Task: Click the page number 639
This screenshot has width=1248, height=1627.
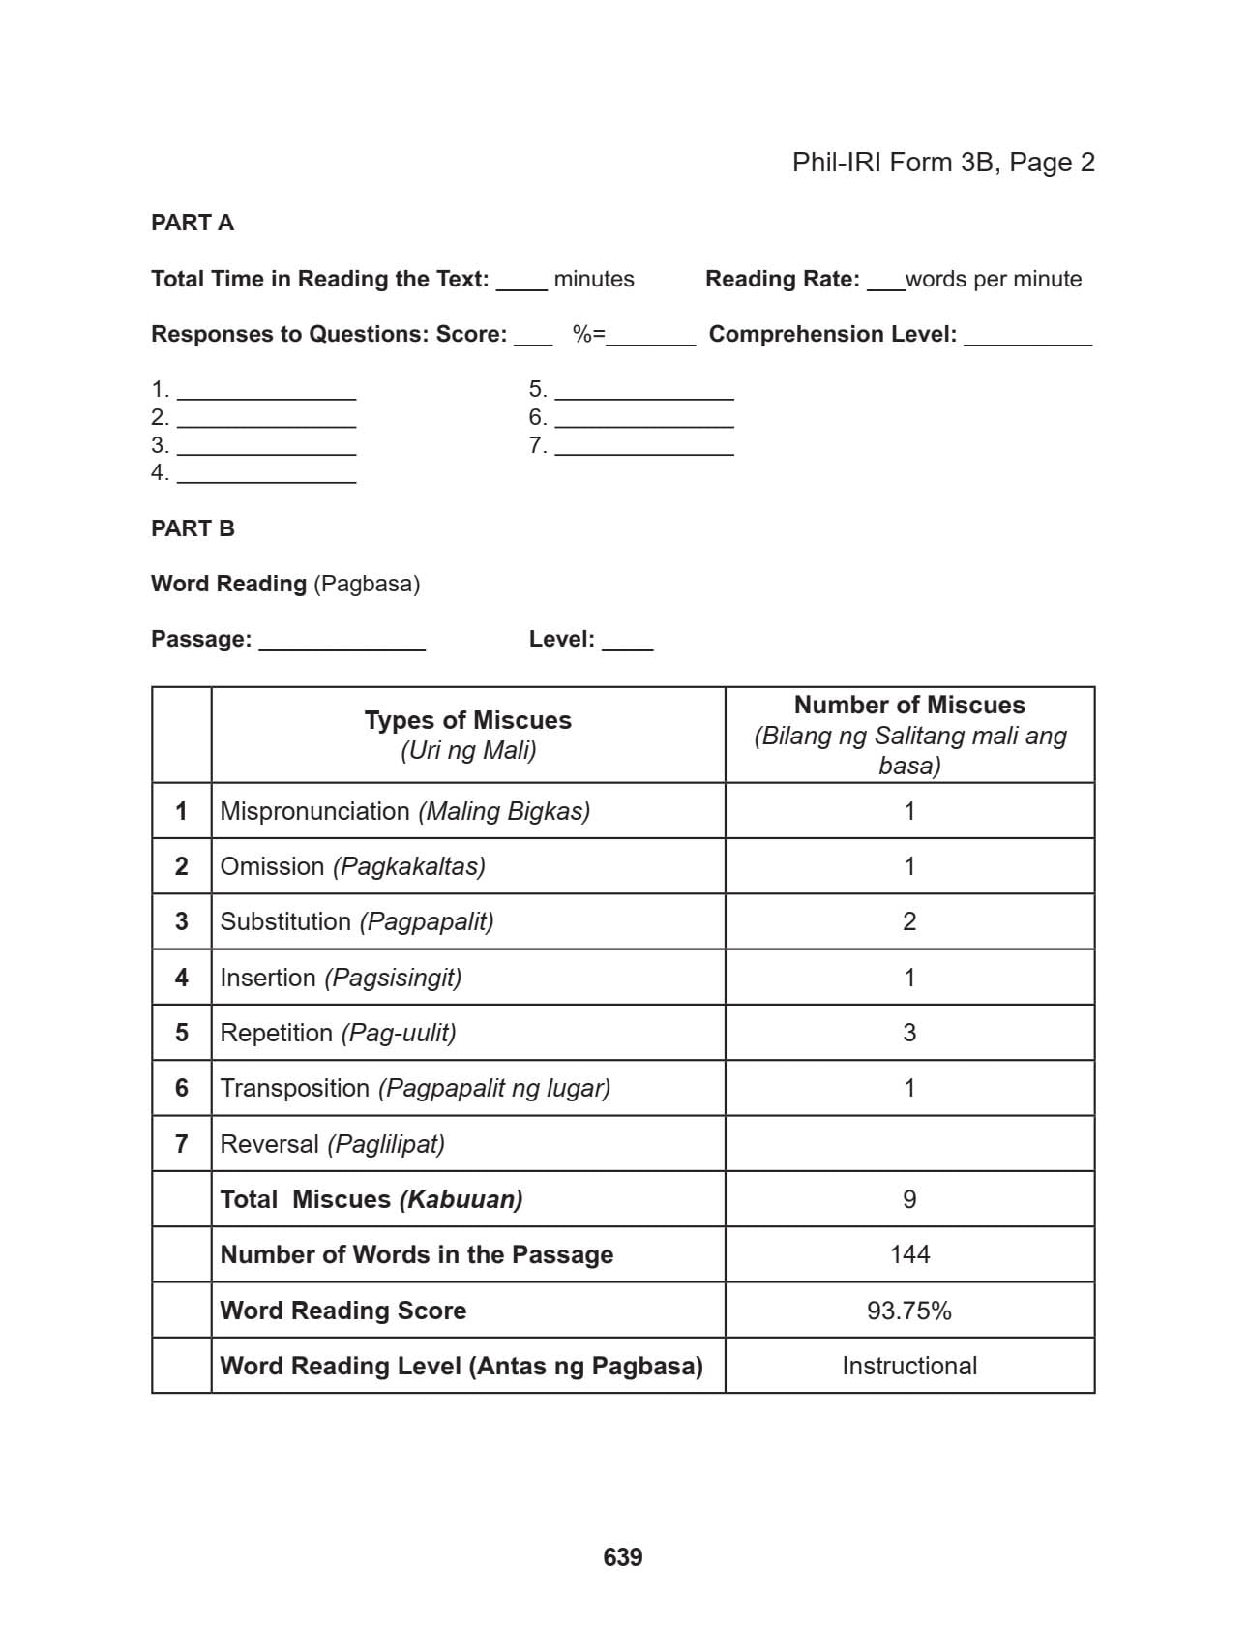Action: pos(622,1556)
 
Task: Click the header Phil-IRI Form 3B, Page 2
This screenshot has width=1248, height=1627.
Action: pos(942,162)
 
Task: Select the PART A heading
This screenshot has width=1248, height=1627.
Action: pos(193,223)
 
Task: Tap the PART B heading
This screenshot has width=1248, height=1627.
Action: pos(193,528)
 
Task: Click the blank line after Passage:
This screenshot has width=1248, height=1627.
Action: pos(342,641)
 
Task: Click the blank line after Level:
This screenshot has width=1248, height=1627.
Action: pos(627,641)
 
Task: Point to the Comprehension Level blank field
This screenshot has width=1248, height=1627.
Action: pos(1027,336)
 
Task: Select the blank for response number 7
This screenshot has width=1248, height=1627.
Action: pos(643,446)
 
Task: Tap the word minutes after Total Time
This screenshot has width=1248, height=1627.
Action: pos(594,279)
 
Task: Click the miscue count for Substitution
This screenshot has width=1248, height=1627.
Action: pos(909,921)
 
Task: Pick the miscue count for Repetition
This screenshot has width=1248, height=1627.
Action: pos(909,1033)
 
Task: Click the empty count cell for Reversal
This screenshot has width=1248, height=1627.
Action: pos(909,1144)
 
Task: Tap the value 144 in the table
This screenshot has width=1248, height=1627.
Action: pos(909,1254)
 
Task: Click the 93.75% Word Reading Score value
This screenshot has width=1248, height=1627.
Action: pos(909,1311)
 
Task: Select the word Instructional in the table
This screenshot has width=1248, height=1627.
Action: pos(909,1366)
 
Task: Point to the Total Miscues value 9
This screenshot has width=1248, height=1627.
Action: pos(909,1199)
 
